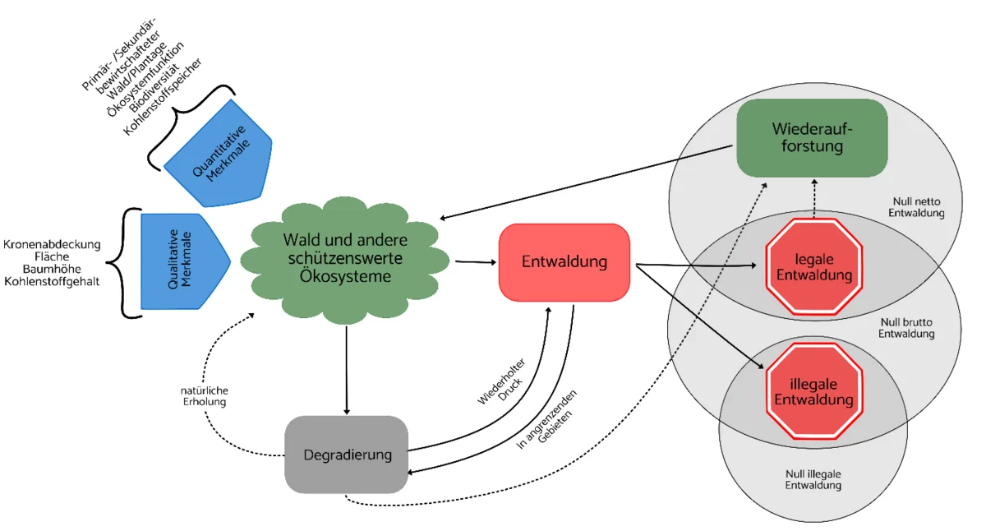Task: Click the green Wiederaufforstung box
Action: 812,138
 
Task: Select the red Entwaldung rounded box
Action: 564,262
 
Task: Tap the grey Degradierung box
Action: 347,455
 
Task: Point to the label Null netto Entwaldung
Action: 919,207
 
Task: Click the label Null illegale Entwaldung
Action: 813,479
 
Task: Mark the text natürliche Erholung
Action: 205,395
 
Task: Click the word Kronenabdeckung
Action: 52,244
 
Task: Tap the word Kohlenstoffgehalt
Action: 52,282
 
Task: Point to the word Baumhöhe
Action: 52,270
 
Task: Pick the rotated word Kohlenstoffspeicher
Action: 164,96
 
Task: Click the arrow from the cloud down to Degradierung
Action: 347,370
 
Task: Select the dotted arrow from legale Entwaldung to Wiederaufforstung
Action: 814,197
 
